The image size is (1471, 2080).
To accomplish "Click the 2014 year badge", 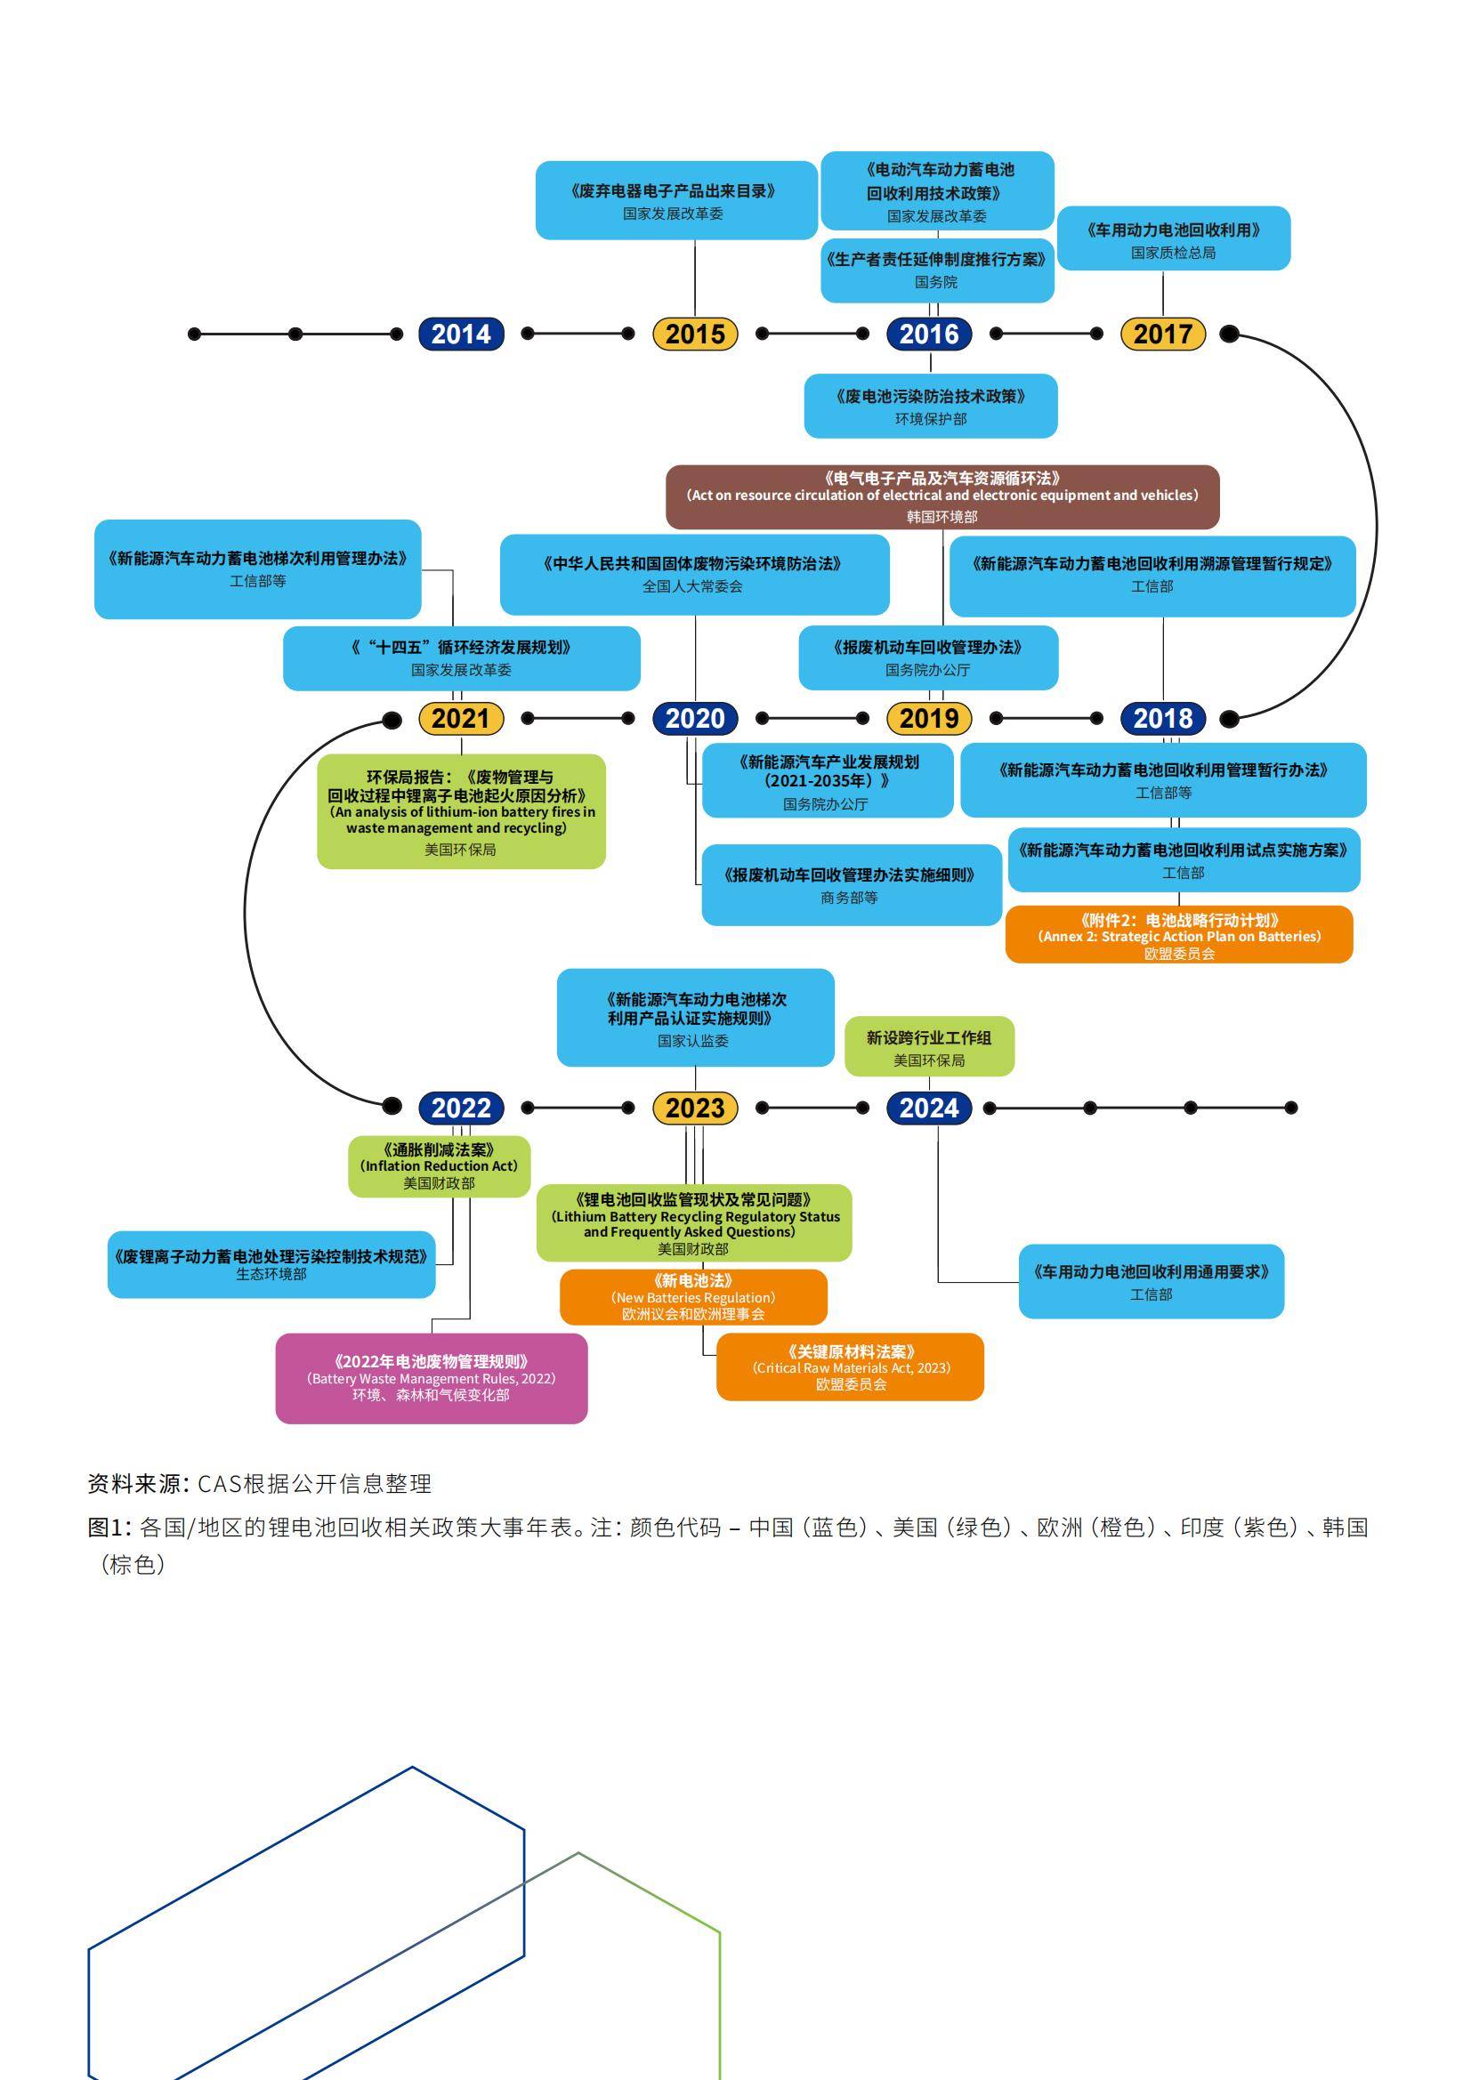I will pyautogui.click(x=460, y=335).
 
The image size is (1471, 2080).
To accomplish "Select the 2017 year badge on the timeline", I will pyautogui.click(x=1163, y=335).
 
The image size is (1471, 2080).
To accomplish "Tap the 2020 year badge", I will pyautogui.click(x=695, y=719).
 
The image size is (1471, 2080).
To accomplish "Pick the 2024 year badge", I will pyautogui.click(x=929, y=1108).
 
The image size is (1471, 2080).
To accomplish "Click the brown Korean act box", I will pyautogui.click(x=942, y=496).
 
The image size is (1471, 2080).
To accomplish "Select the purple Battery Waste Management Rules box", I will pyautogui.click(x=432, y=1378).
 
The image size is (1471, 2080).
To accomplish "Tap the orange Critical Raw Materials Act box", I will pyautogui.click(x=850, y=1367).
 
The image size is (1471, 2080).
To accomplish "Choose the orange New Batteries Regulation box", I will pyautogui.click(x=693, y=1296).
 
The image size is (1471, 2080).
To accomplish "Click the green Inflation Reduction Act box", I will pyautogui.click(x=440, y=1166).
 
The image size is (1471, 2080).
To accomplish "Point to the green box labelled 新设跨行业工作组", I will pyautogui.click(x=929, y=1046).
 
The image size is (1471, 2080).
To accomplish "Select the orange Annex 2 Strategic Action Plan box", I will pyautogui.click(x=1178, y=935).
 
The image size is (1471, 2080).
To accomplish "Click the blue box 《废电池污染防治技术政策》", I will pyautogui.click(x=931, y=406).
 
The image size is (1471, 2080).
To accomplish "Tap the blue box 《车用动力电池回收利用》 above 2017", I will pyautogui.click(x=1173, y=239).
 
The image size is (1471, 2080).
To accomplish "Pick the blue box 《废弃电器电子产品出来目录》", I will pyautogui.click(x=676, y=200).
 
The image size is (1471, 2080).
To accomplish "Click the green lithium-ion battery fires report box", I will pyautogui.click(x=460, y=811).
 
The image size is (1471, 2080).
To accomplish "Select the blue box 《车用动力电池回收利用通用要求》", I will pyautogui.click(x=1151, y=1281).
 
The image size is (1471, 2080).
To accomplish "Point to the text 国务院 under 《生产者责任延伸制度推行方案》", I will pyautogui.click(x=935, y=283).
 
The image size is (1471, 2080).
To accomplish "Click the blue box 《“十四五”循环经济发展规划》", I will pyautogui.click(x=461, y=657).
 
